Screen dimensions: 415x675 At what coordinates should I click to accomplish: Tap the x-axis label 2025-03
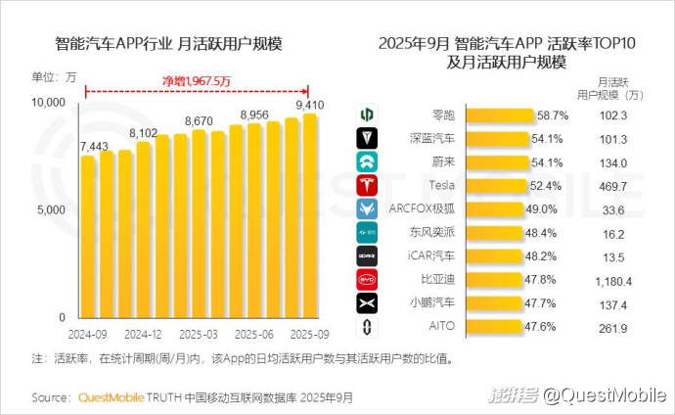tap(199, 334)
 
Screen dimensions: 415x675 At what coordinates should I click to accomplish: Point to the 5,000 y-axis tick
tap(48, 210)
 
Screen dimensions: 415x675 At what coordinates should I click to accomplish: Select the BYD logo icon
tap(368, 280)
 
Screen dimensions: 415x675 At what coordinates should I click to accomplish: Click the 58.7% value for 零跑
tap(552, 115)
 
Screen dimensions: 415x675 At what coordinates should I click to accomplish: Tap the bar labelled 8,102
tap(143, 230)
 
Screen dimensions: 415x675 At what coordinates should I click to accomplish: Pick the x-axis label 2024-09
tap(87, 334)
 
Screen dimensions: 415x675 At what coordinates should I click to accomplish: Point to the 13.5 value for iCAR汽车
tap(613, 256)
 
